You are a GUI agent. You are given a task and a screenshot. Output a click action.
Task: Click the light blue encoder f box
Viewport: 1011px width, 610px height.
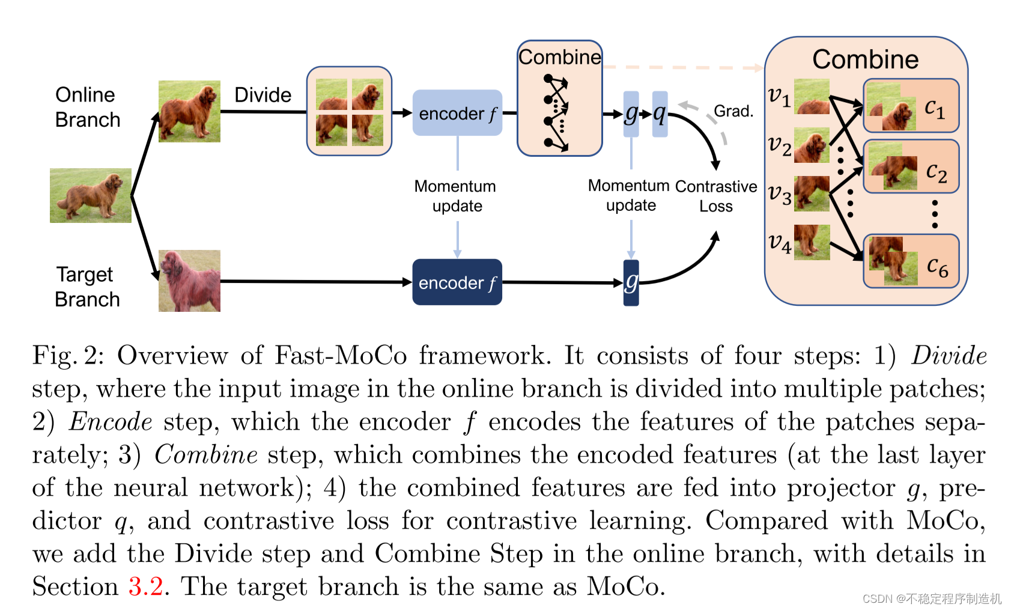point(457,113)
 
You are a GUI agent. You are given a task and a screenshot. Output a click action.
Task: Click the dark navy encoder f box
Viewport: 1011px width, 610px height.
point(457,282)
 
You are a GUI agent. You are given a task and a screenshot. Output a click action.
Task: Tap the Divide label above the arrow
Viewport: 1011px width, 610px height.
point(263,95)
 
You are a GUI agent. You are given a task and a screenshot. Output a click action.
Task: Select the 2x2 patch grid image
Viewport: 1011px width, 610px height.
point(349,111)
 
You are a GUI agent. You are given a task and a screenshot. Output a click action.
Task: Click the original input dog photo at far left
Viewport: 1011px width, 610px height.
point(90,195)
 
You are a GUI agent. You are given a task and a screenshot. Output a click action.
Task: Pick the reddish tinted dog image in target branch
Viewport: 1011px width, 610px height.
point(189,281)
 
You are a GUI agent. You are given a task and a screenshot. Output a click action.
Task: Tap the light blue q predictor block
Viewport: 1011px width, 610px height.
point(660,114)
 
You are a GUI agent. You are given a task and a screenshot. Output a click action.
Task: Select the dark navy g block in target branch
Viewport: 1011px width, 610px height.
point(631,282)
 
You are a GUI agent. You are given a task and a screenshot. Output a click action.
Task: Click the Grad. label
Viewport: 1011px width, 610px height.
point(733,111)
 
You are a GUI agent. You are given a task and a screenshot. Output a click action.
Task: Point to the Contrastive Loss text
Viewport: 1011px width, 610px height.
point(715,196)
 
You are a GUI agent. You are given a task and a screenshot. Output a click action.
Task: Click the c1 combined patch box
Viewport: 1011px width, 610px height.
point(911,106)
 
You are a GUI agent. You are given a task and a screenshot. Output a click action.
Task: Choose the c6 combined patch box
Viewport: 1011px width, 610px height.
point(911,261)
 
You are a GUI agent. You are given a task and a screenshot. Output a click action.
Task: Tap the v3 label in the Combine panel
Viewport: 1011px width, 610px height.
point(780,194)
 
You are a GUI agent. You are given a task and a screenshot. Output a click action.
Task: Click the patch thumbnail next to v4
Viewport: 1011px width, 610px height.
point(812,242)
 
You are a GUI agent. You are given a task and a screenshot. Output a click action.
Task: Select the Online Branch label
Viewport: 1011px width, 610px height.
point(88,107)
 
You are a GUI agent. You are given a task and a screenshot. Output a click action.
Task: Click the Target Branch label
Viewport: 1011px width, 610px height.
point(87,287)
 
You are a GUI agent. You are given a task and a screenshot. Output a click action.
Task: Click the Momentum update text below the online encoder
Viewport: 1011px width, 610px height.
point(456,196)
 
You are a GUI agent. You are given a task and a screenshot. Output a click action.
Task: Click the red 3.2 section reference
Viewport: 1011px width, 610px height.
point(145,586)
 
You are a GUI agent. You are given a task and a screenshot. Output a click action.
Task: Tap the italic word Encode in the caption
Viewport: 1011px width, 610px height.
point(111,421)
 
